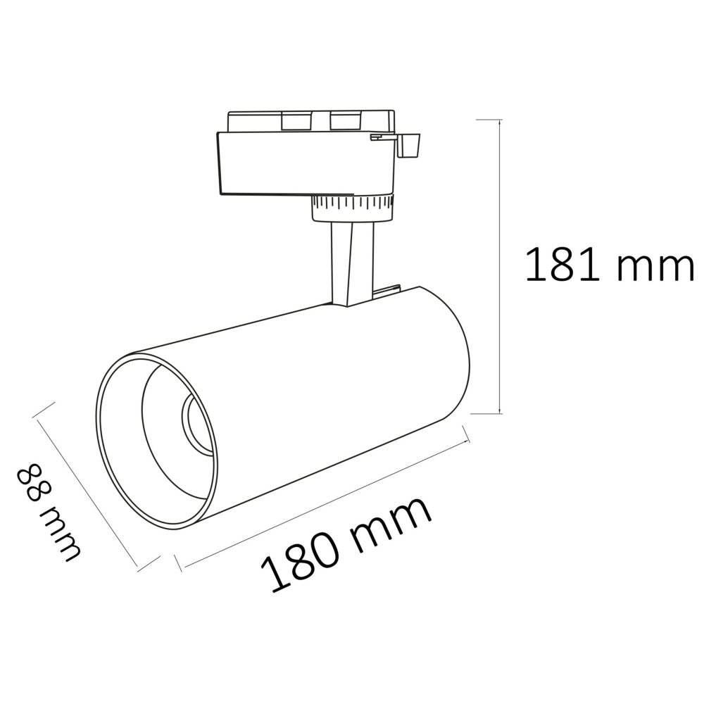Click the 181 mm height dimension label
coord(610,265)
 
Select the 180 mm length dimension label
coord(346,544)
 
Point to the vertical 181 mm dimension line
coord(500,267)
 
